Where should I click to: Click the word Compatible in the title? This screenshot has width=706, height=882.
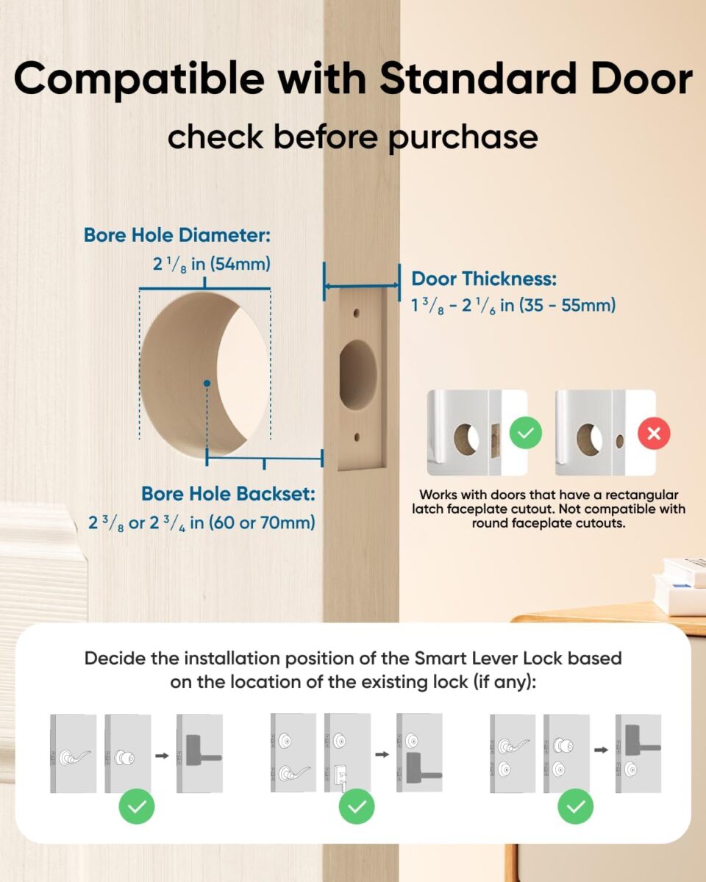pos(138,79)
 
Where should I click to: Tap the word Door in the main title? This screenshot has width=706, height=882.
pos(631,79)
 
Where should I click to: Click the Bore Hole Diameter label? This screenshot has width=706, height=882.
pos(177,235)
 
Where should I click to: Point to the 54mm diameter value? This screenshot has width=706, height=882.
pos(242,263)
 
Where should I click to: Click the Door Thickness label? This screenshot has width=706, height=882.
pos(483,279)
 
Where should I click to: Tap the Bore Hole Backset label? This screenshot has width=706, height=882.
pos(228,494)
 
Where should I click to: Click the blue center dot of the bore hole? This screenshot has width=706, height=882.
pos(208,383)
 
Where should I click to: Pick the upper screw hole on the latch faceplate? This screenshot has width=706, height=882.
pos(357,312)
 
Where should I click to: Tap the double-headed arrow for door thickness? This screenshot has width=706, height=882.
pos(361,287)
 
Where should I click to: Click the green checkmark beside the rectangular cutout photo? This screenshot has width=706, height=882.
pos(525,433)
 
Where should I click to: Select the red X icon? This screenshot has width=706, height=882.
pos(654,433)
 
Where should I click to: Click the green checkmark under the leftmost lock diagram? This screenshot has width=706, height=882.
pos(137,807)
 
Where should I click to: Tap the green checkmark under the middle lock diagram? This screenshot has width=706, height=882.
pos(357,807)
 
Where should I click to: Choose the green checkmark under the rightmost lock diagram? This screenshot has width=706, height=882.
pos(576,807)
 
